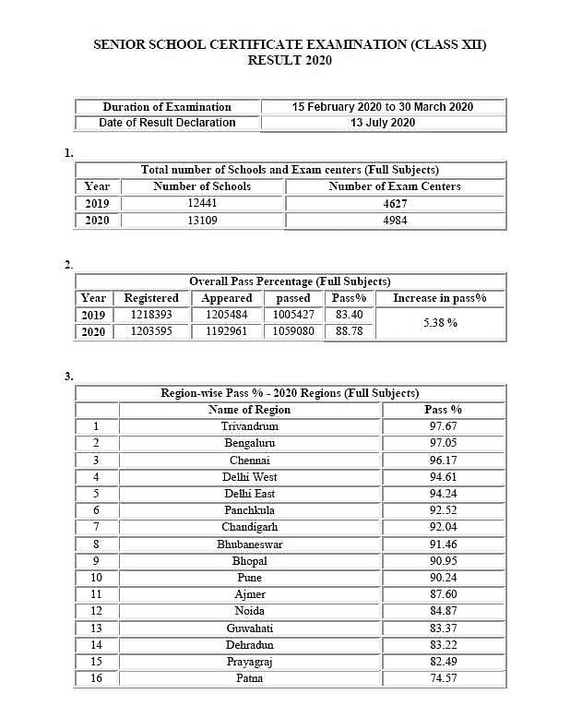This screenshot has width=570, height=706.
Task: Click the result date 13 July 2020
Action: pyautogui.click(x=383, y=123)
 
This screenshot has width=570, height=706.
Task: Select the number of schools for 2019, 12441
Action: pyautogui.click(x=202, y=203)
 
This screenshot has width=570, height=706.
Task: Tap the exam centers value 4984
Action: pyautogui.click(x=395, y=221)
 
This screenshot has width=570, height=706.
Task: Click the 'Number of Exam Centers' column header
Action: pyautogui.click(x=395, y=186)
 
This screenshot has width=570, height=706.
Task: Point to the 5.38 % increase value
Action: pyautogui.click(x=440, y=323)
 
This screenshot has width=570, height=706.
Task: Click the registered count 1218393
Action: pyautogui.click(x=151, y=315)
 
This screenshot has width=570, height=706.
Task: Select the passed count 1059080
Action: pyautogui.click(x=293, y=331)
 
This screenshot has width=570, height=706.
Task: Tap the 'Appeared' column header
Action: pyautogui.click(x=227, y=298)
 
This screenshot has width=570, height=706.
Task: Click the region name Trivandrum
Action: pyautogui.click(x=249, y=426)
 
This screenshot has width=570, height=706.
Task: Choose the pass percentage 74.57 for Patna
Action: pyautogui.click(x=443, y=678)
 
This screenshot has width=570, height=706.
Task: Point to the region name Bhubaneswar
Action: pyautogui.click(x=249, y=544)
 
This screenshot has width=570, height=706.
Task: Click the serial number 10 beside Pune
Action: pyautogui.click(x=96, y=578)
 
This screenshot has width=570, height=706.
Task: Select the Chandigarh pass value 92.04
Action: pyautogui.click(x=443, y=527)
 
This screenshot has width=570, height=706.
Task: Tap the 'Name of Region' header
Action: pyautogui.click(x=249, y=410)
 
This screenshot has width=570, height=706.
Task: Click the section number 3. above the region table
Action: pyautogui.click(x=69, y=376)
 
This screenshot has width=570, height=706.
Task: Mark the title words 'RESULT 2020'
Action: pyautogui.click(x=290, y=61)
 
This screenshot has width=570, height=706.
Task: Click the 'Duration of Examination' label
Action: pyautogui.click(x=167, y=107)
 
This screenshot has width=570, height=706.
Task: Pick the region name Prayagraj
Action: pyautogui.click(x=249, y=662)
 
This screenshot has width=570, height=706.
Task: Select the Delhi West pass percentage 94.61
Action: pyautogui.click(x=443, y=477)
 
